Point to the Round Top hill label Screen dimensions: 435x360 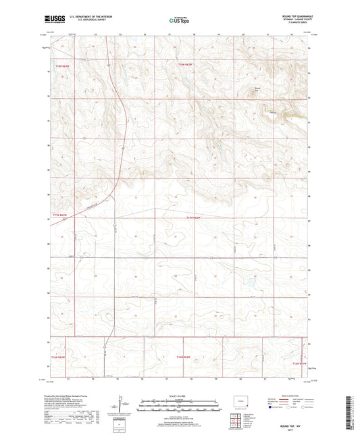257,87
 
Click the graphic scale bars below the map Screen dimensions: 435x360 180,407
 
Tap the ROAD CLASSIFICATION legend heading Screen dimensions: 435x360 290,396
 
